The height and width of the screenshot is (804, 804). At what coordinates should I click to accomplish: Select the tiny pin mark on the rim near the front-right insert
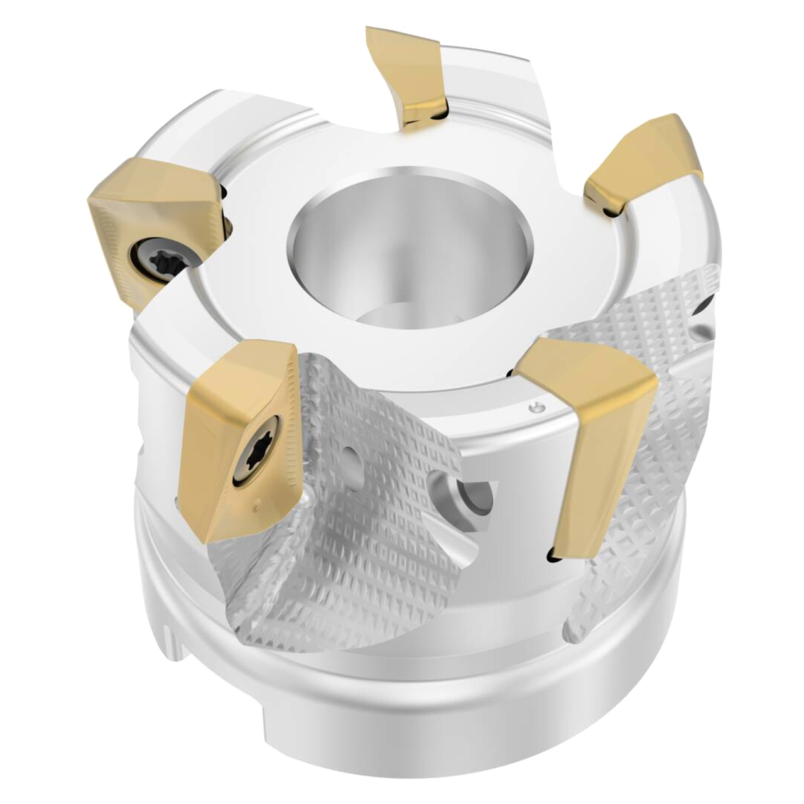534,409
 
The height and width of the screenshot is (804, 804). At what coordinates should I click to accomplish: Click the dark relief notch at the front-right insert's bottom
553,555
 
